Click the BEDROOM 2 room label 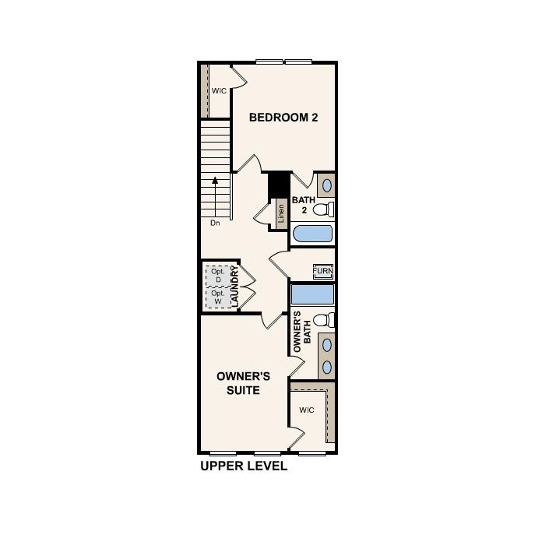point(283,118)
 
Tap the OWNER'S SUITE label point(243,382)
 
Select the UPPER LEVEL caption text point(244,466)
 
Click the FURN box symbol point(323,271)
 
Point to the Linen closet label point(280,213)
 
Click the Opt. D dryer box point(218,275)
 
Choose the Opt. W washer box point(218,297)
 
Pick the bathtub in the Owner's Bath point(313,294)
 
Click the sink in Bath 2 point(328,185)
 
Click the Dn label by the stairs point(215,223)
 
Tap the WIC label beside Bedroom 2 point(219,91)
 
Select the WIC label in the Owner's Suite point(306,410)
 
